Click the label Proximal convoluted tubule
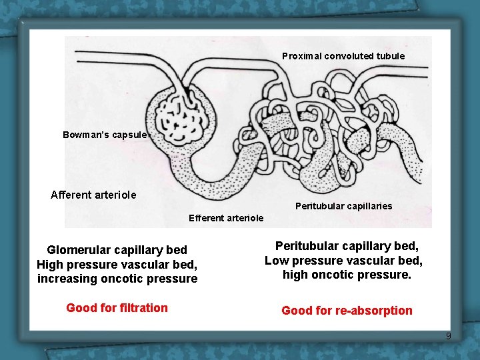pos(343,56)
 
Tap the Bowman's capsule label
pos(105,135)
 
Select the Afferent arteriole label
pos(93,195)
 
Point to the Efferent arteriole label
pos(226,218)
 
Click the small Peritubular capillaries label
pos(343,206)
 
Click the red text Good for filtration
pos(117,307)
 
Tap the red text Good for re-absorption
pos(347,311)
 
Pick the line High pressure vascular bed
pos(117,264)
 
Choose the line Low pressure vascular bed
pos(343,260)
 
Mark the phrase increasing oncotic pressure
pos(117,279)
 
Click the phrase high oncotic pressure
pos(347,274)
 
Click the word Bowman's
pos(82,135)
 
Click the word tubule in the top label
pos(390,56)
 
